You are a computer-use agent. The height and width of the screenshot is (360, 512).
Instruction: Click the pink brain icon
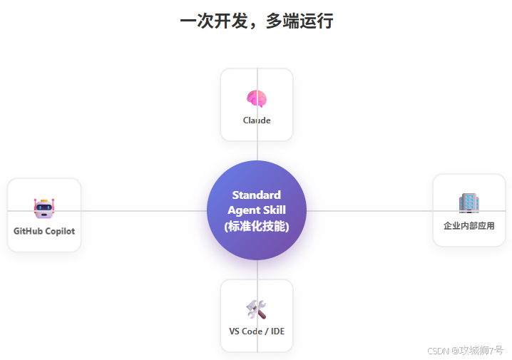[x=257, y=98]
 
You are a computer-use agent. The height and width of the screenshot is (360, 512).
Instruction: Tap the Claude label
[x=257, y=120]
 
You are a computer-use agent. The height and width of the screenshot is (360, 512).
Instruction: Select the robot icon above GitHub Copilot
[x=44, y=208]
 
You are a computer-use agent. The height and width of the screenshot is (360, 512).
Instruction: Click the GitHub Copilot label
[x=44, y=231]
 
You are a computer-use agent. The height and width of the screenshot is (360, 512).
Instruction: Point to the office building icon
[x=469, y=203]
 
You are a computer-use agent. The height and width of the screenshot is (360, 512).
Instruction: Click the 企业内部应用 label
[x=469, y=226]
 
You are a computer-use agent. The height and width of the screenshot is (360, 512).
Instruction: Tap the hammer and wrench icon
[x=256, y=309]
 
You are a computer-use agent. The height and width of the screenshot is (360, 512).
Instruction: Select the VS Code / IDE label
[x=257, y=331]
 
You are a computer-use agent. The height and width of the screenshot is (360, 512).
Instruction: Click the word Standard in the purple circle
[x=257, y=195]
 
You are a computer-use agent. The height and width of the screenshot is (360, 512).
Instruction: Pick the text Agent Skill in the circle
[x=257, y=210]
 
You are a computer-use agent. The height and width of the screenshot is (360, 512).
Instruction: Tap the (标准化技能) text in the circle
[x=257, y=227]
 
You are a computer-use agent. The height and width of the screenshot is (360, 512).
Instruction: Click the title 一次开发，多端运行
[x=257, y=21]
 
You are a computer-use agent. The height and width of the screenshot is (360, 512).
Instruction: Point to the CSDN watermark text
[x=465, y=351]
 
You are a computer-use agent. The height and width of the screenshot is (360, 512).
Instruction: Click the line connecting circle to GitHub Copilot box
[x=143, y=211]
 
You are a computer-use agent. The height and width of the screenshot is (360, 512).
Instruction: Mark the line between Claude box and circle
[x=257, y=150]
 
